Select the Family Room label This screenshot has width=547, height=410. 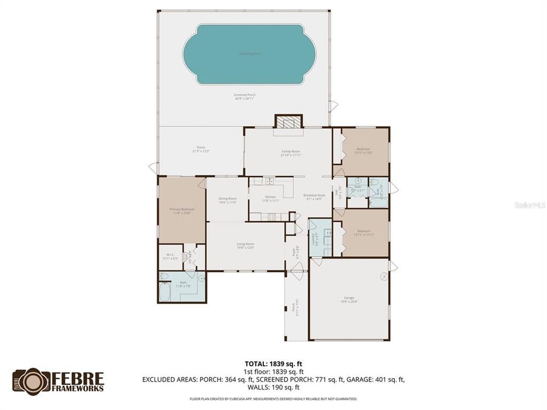click(x=291, y=153)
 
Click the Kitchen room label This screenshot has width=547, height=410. click(x=270, y=199)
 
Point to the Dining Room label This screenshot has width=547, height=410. click(x=227, y=200)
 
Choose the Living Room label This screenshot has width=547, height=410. click(x=245, y=245)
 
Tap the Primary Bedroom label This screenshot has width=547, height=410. click(x=182, y=211)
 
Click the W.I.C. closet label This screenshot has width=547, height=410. click(x=170, y=256)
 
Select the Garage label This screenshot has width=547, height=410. click(x=348, y=302)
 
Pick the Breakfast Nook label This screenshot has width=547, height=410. click(x=313, y=197)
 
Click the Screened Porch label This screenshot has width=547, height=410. click(x=243, y=96)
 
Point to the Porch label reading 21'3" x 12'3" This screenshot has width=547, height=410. click(x=201, y=149)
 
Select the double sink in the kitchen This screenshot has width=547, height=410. click(x=270, y=182)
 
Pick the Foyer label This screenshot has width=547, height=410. click(x=295, y=251)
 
